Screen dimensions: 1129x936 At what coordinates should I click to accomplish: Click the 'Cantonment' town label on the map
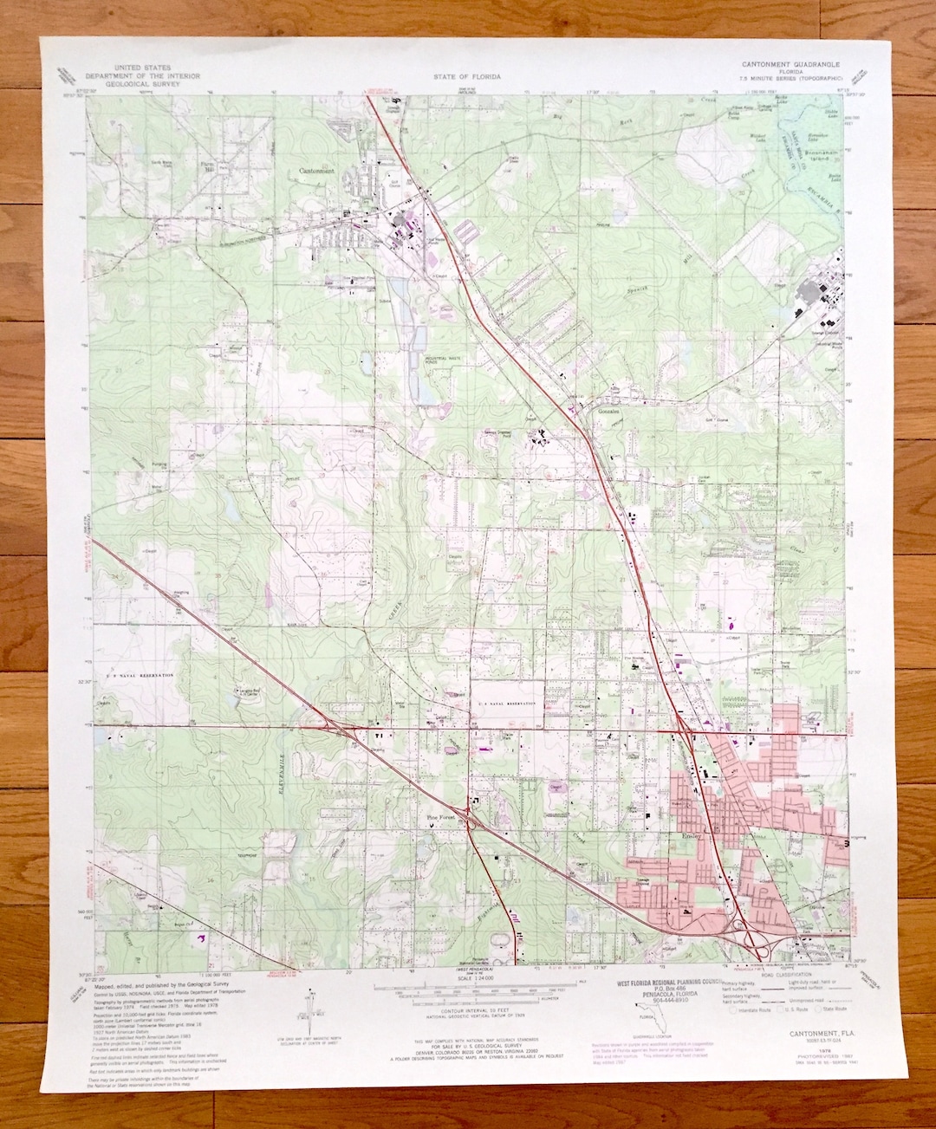(x=316, y=172)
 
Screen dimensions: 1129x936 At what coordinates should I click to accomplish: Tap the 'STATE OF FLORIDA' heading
(x=467, y=76)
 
